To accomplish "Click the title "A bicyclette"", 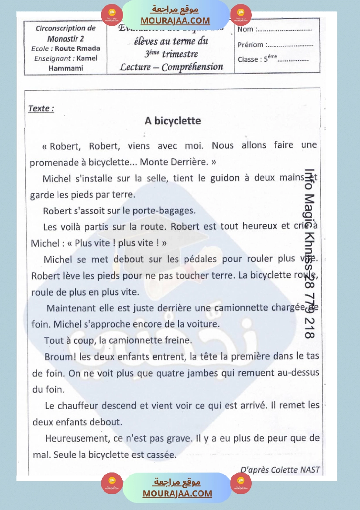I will [173, 120].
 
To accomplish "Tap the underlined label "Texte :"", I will [41, 109].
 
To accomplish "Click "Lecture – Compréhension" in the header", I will [171, 67].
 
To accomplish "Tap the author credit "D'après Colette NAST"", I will [280, 470].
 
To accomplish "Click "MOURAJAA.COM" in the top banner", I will [175, 21].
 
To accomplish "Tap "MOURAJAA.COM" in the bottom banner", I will [177, 493].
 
